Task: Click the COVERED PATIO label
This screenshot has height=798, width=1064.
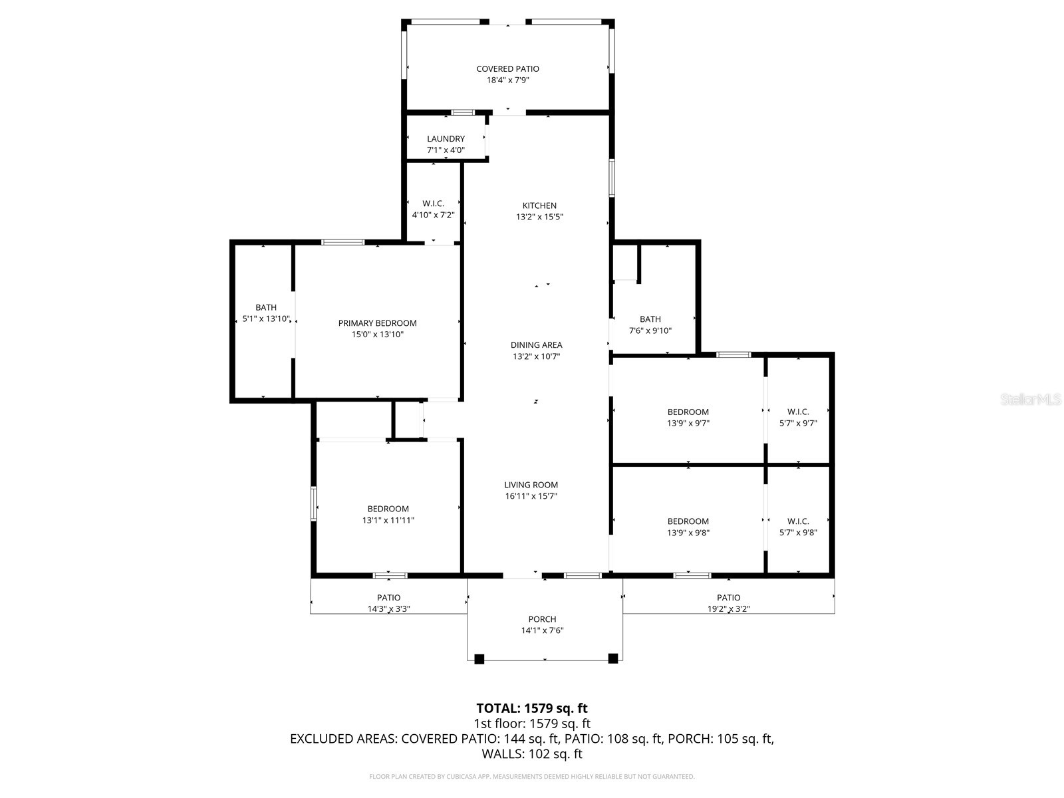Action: [507, 69]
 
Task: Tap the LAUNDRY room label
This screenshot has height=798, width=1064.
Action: [446, 139]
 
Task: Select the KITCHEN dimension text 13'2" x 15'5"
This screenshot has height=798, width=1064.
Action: [539, 217]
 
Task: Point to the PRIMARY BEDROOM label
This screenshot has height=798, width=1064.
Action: [377, 323]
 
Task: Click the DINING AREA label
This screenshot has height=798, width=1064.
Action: [536, 344]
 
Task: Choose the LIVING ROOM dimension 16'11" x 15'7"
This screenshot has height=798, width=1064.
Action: [531, 496]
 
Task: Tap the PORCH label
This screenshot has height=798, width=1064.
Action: [542, 619]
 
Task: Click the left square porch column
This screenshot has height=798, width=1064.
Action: [479, 658]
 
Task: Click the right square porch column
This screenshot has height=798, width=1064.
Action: [613, 658]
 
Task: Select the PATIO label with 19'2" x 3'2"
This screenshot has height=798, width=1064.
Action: [728, 597]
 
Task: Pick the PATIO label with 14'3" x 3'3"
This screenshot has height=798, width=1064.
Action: [388, 597]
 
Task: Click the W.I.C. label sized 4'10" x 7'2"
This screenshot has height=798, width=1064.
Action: [433, 203]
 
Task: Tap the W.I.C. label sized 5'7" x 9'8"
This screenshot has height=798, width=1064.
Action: [798, 521]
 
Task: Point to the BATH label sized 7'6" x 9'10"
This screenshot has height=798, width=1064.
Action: [650, 319]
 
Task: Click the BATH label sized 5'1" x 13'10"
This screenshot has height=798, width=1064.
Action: [266, 307]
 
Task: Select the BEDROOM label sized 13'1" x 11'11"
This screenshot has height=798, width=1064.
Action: [388, 509]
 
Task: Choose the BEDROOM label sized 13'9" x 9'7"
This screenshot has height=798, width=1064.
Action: [688, 412]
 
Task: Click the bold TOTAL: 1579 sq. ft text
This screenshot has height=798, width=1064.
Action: [532, 708]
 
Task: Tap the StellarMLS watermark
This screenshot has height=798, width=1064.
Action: [1031, 400]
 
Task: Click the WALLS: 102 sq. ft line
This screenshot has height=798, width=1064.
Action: [532, 754]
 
